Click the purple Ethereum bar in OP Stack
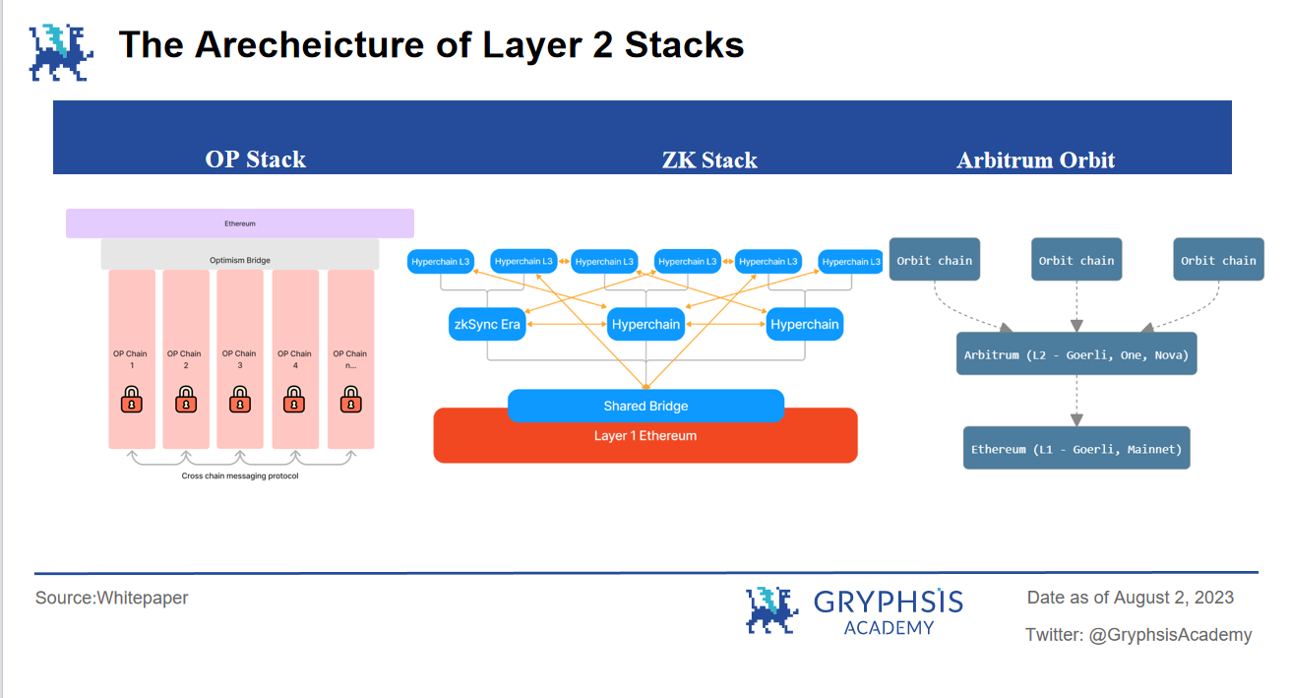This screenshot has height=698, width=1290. point(239,223)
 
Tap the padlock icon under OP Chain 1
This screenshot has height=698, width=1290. point(131,400)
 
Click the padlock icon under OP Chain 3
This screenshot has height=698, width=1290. point(239,400)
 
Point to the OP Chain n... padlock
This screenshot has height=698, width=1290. point(349,400)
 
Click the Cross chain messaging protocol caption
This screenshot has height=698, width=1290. point(239,476)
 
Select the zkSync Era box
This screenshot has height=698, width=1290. point(487,324)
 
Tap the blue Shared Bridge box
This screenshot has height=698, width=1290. point(645,406)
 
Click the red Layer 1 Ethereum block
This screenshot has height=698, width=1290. point(645,439)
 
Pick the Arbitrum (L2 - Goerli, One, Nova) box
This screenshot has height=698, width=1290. point(1075,353)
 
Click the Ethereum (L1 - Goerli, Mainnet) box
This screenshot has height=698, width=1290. point(1075,448)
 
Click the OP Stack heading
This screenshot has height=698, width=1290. point(255,159)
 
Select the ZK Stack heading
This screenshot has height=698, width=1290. point(709,160)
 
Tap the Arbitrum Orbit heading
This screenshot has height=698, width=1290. point(1035,160)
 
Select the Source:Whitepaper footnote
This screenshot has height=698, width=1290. point(111,598)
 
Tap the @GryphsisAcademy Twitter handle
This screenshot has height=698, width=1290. point(1170,635)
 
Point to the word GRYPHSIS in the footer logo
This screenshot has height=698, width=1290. point(888,602)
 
